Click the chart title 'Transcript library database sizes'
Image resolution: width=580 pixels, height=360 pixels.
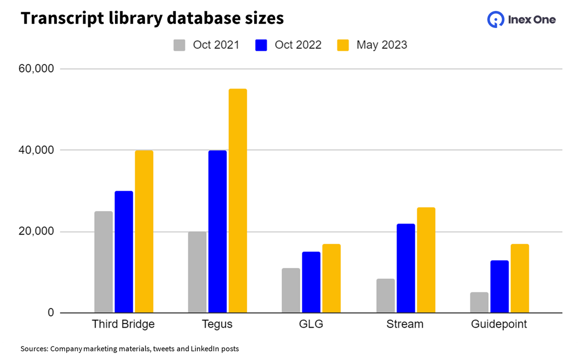152,18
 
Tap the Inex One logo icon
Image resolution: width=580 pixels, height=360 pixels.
495,20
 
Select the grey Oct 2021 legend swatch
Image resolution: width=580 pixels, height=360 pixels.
179,45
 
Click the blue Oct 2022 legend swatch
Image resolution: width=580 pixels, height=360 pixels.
262,45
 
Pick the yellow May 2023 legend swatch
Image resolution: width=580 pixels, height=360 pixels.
343,45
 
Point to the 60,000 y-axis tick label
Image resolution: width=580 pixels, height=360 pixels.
36,69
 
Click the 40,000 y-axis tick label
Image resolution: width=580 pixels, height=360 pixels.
36,150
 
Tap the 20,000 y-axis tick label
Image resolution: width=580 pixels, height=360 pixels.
36,232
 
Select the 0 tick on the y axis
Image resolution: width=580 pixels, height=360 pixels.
51,313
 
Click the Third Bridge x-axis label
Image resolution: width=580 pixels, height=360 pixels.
123,324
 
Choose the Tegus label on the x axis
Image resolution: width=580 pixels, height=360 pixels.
217,324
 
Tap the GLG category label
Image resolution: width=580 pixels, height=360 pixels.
311,324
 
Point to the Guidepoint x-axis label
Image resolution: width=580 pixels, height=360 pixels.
499,324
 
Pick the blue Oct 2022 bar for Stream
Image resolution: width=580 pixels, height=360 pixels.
406,268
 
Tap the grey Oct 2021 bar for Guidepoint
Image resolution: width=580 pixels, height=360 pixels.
479,303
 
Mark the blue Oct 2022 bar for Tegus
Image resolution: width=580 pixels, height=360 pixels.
217,232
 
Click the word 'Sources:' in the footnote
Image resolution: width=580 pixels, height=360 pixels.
34,349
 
